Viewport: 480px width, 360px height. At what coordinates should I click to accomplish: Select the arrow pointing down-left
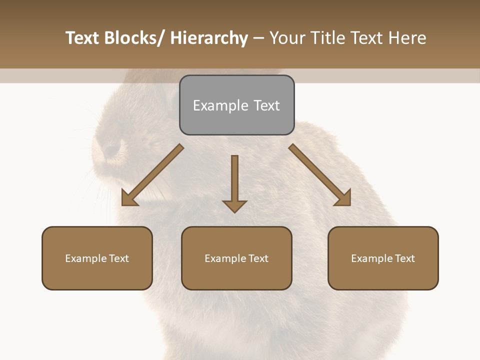point(152,175)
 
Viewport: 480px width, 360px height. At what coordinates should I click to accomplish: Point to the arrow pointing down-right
point(320,175)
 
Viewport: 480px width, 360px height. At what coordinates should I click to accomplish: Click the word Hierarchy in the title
point(209,38)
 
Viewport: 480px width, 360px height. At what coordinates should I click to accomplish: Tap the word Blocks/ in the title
point(134,38)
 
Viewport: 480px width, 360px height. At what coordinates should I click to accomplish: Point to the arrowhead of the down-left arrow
point(129,198)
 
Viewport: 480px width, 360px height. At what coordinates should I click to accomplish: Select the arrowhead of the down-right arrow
point(343,198)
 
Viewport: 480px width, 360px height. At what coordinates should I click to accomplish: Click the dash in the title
point(258,38)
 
